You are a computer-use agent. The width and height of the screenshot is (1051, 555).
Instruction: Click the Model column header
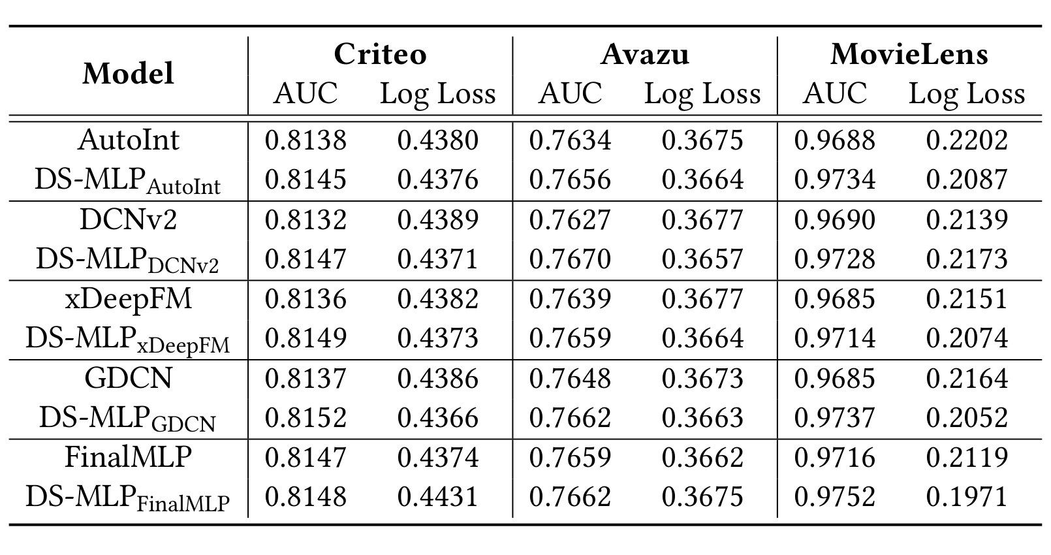[128, 74]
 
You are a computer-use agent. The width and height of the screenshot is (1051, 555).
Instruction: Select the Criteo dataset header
[380, 54]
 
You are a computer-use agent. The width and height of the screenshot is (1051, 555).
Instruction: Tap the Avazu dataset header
[645, 54]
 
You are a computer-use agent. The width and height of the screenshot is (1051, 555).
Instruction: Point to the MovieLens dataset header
[909, 54]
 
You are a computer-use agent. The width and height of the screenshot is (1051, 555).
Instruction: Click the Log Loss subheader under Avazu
[702, 94]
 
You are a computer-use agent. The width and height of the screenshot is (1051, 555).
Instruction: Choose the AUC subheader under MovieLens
[835, 93]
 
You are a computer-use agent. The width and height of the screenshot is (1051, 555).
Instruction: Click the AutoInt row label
[128, 140]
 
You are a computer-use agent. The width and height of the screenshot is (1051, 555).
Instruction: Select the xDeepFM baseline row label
[128, 299]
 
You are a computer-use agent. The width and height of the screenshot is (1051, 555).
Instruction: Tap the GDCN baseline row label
[128, 378]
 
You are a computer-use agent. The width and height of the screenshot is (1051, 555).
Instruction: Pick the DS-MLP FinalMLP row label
[128, 498]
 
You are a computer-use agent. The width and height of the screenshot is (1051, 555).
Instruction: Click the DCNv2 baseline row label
[128, 219]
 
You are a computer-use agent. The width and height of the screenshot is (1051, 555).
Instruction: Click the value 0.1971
[967, 497]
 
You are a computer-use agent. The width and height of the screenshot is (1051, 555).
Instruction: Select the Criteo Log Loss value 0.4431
[438, 497]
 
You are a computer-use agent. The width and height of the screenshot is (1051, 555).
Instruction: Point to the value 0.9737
[835, 417]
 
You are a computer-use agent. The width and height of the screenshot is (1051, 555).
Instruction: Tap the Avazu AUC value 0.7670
[570, 259]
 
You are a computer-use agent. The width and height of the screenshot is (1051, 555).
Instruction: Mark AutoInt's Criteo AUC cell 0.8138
[306, 140]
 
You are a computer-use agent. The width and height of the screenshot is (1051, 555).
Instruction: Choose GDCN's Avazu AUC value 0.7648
[570, 378]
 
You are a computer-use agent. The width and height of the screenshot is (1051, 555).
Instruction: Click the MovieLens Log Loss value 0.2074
[967, 338]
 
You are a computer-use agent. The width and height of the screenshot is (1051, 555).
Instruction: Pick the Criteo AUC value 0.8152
[306, 417]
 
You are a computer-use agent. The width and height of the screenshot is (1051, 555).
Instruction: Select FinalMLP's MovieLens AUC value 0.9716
[835, 458]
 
